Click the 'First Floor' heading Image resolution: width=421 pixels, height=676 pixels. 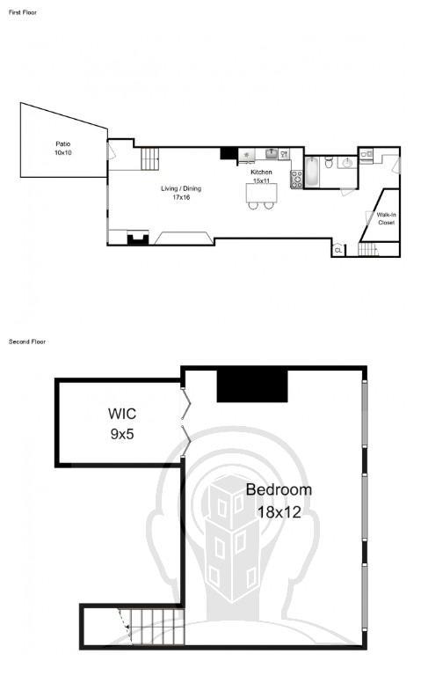pyautogui.click(x=23, y=12)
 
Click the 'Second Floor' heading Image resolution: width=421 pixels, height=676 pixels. pyautogui.click(x=27, y=342)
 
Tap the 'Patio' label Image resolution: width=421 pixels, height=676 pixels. pyautogui.click(x=63, y=144)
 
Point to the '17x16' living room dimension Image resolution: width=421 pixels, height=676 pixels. pyautogui.click(x=181, y=197)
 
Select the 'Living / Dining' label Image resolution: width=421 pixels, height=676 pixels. pyautogui.click(x=181, y=188)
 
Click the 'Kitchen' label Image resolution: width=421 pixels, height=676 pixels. pyautogui.click(x=261, y=172)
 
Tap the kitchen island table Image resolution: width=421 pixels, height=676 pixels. pyautogui.click(x=261, y=193)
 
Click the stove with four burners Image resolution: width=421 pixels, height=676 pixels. pyautogui.click(x=296, y=180)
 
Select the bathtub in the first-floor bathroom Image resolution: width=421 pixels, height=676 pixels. pyautogui.click(x=312, y=172)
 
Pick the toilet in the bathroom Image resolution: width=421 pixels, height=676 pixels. pyautogui.click(x=329, y=162)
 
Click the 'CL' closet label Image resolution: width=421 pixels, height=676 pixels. pyautogui.click(x=338, y=250)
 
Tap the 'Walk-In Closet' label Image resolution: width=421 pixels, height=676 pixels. pyautogui.click(x=386, y=218)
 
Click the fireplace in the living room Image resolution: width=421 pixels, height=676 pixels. pyautogui.click(x=138, y=239)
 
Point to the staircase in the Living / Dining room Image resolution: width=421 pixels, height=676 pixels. pyautogui.click(x=149, y=158)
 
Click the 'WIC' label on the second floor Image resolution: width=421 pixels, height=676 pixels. pyautogui.click(x=122, y=414)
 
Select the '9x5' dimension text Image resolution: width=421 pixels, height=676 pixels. pyautogui.click(x=122, y=434)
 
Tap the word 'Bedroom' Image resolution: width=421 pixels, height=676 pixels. pyautogui.click(x=279, y=489)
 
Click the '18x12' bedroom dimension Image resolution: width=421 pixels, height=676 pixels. pyautogui.click(x=279, y=512)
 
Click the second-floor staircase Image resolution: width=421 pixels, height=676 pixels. pyautogui.click(x=151, y=627)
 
